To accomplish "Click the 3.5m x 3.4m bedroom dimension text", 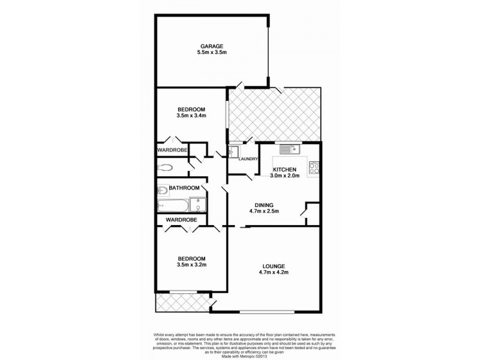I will point(191,116).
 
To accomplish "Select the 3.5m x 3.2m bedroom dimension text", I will point(191,264).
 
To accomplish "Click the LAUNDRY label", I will point(248,159).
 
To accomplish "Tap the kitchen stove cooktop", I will point(314,169).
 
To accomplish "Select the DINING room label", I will point(264,204).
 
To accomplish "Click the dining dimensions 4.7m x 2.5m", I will point(264,211).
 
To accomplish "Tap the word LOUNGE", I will point(274,266).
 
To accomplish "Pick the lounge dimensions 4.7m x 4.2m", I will point(274,274).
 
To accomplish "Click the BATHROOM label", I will point(184,188).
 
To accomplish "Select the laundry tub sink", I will point(234,151).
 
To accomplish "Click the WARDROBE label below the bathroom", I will point(181,220).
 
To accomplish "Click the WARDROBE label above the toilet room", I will point(173,149).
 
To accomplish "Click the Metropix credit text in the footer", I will point(240,355).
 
